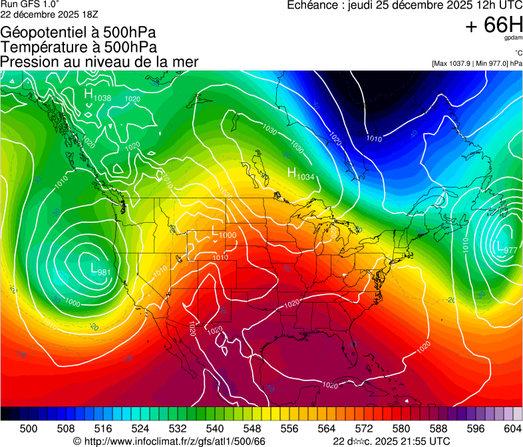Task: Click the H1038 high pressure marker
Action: pos(97,96)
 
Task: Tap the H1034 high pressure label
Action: pos(300,174)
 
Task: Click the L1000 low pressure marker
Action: pos(224,233)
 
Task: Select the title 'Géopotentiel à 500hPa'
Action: pos(78,33)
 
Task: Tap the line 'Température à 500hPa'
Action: pos(79,47)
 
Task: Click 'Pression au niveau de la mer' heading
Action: pos(99,62)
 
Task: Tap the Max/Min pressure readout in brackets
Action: pos(476,63)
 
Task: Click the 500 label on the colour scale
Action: pos(29,427)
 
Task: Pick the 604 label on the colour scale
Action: pos(513,427)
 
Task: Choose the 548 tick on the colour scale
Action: pos(271,427)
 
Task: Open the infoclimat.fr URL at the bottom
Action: pos(170,441)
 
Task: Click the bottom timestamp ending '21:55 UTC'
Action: pos(391,441)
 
